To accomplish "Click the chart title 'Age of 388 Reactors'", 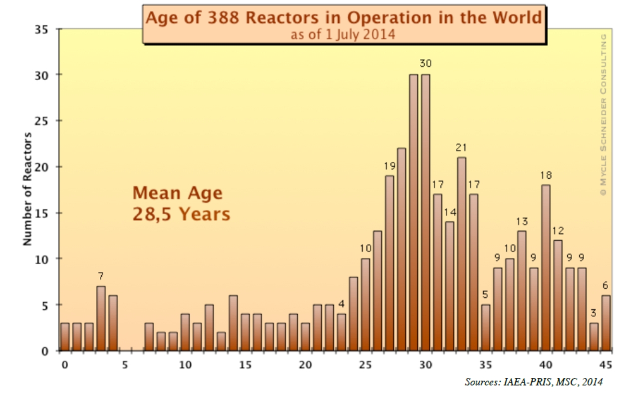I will tap(343, 18).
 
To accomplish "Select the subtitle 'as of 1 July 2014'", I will tap(343, 35).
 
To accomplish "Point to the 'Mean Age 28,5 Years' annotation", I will tap(181, 203).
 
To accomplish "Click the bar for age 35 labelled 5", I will tap(486, 327).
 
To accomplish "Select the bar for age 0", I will tap(65, 336).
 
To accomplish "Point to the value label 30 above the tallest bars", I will tap(426, 63).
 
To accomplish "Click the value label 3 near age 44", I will tap(594, 313).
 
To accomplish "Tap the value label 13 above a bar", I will tap(522, 221).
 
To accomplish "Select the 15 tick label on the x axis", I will tap(245, 365).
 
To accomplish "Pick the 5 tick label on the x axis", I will tap(125, 365).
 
